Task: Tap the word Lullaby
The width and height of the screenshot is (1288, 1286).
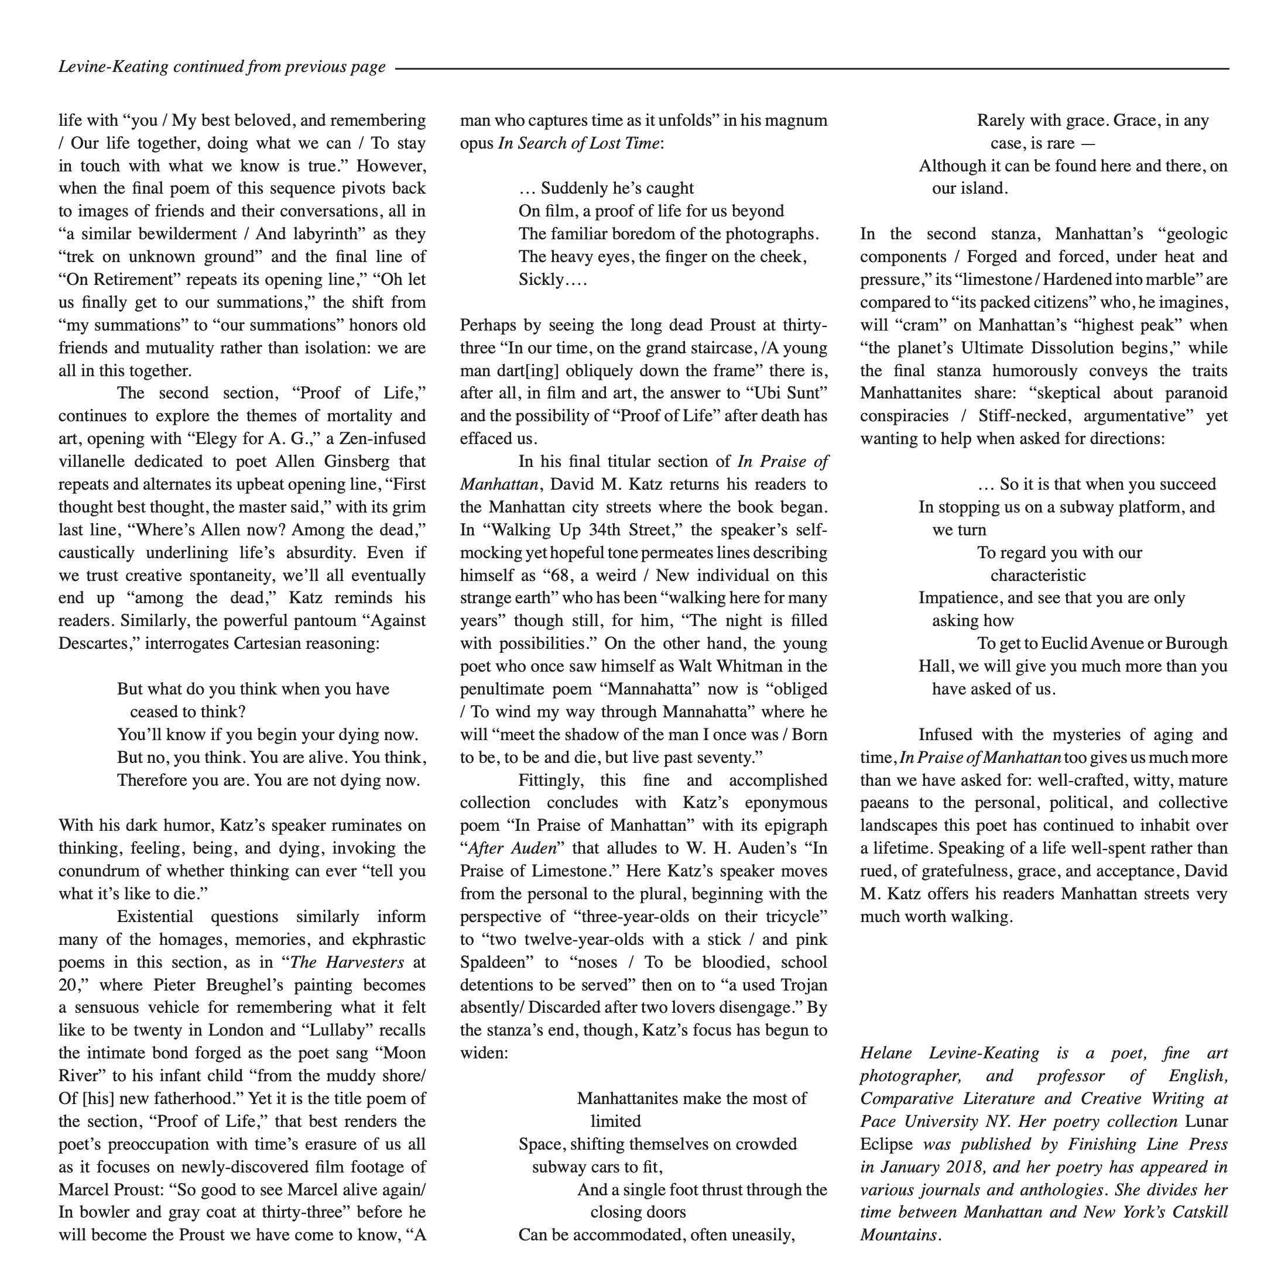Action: point(337,1030)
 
